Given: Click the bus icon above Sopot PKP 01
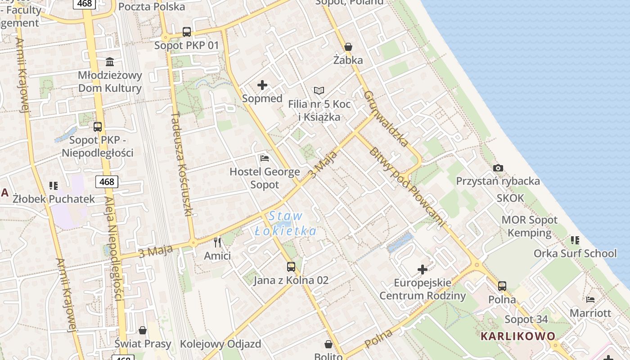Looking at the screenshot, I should click(187, 32).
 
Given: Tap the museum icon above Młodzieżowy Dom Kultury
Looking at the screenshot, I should click(110, 61).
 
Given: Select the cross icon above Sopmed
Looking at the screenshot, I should click(262, 85).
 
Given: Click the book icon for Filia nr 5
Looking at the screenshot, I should click(319, 91).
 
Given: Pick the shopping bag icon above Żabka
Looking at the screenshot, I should click(348, 47).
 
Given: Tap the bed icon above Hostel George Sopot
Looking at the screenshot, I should click(265, 158).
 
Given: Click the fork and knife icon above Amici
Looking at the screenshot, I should click(218, 243).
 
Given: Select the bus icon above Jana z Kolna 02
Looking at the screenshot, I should click(291, 267).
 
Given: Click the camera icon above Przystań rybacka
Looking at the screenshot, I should click(498, 168).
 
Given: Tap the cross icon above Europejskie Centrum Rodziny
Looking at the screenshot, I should click(423, 270).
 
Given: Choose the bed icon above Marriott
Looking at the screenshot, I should click(590, 299).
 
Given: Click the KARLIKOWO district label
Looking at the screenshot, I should click(518, 336).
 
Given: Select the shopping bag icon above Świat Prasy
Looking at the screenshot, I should click(143, 331).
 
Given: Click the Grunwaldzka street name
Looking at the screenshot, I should click(387, 119).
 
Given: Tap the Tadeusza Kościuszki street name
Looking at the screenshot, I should click(182, 164).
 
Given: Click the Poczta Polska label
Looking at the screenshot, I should click(151, 7).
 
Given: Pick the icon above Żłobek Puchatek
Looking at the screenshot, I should click(54, 185).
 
